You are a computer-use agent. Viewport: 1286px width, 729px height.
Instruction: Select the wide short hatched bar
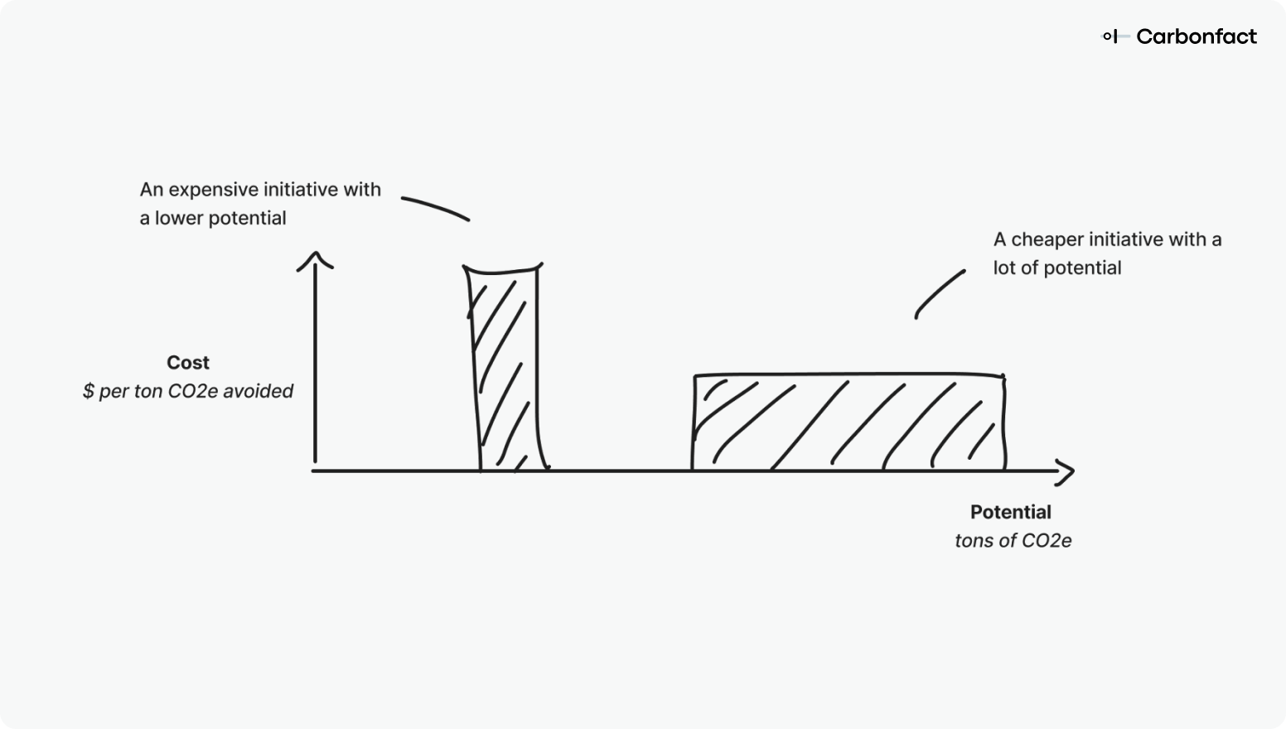tap(848, 422)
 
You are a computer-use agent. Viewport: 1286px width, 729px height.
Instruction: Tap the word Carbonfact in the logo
tap(1197, 36)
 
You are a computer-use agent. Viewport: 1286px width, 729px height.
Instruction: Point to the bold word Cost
tap(188, 363)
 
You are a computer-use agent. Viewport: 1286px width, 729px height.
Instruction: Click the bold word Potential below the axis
tap(1010, 512)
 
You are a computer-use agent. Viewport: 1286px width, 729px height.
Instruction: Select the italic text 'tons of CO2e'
tap(1013, 541)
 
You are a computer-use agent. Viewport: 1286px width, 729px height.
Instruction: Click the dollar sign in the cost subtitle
tap(89, 391)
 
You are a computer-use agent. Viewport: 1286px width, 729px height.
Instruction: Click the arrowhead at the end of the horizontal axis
tap(1066, 472)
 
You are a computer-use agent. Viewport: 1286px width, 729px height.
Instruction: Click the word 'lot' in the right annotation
tap(1003, 268)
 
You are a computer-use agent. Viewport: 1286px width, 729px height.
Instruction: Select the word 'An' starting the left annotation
tap(152, 190)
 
